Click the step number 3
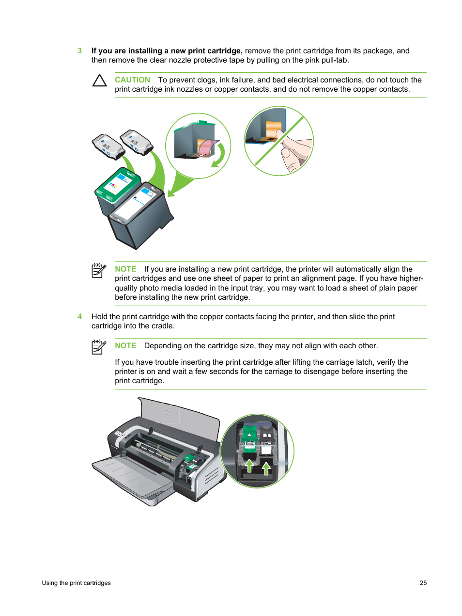click(80, 51)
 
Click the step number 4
click(80, 317)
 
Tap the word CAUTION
click(132, 80)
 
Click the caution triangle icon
click(99, 81)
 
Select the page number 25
click(423, 583)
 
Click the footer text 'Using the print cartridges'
click(76, 583)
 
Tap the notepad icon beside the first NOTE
click(99, 270)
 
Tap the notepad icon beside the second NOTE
click(99, 347)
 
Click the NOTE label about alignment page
click(125, 269)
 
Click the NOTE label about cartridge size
click(125, 346)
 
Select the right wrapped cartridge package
click(137, 142)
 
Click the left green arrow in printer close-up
click(249, 466)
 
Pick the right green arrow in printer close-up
click(266, 468)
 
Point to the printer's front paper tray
click(131, 478)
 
